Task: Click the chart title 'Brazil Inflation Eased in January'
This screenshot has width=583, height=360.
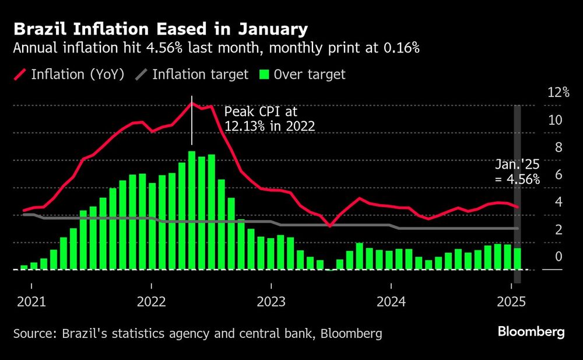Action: point(161,29)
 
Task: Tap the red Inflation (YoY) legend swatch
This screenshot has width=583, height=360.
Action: point(20,75)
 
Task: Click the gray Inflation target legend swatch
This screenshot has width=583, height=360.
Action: point(142,75)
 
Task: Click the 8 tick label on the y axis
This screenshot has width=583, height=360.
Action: point(557,148)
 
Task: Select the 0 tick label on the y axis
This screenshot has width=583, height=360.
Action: point(557,257)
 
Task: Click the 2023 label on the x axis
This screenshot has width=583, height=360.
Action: point(271,303)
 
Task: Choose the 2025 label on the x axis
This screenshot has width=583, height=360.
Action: point(511,303)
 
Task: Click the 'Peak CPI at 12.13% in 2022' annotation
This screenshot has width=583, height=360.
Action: point(270,119)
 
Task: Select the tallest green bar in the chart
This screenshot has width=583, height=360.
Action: point(192,210)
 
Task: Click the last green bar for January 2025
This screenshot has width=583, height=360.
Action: point(517,258)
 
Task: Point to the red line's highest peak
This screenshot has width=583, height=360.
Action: point(192,103)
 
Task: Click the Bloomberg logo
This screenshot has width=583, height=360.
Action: point(531,332)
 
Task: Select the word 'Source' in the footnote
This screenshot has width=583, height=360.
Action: point(31,334)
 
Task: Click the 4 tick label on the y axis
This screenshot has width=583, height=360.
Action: point(557,202)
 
